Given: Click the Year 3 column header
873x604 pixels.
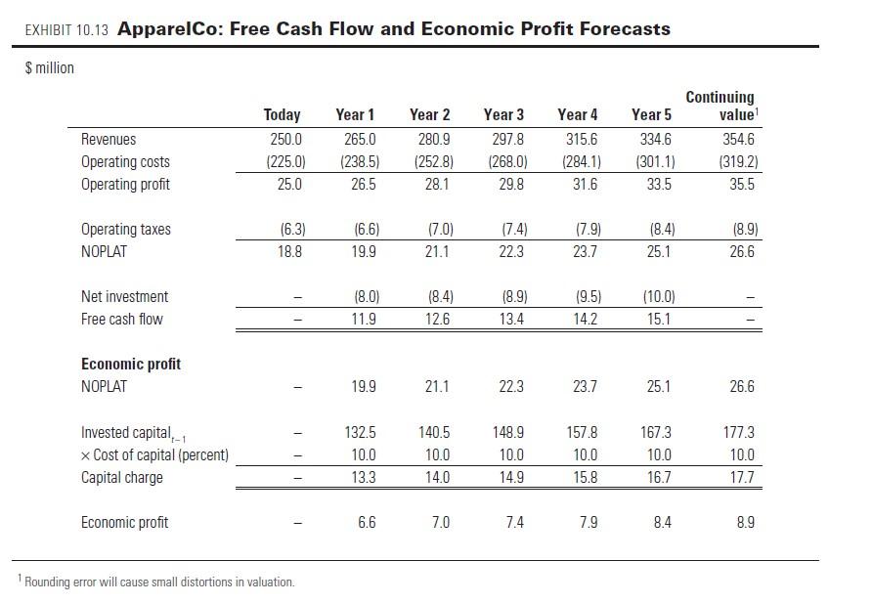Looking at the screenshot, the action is click(x=503, y=115).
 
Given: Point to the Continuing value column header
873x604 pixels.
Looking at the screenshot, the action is click(x=720, y=106).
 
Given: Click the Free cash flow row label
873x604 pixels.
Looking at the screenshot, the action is click(x=121, y=320).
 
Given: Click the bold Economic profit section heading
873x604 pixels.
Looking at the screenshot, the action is click(x=130, y=365).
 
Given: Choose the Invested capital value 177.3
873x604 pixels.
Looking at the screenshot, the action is click(x=741, y=433).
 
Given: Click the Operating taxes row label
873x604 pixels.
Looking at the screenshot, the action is click(x=125, y=230).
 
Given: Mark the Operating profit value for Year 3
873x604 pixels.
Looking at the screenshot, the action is click(x=510, y=185).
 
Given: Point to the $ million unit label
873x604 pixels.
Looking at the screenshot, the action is click(x=48, y=67).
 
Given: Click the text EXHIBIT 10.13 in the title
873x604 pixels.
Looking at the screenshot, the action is click(x=65, y=30).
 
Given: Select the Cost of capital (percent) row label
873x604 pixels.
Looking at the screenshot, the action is click(x=154, y=455).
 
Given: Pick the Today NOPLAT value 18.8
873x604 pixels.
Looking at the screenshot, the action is click(x=290, y=252).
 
